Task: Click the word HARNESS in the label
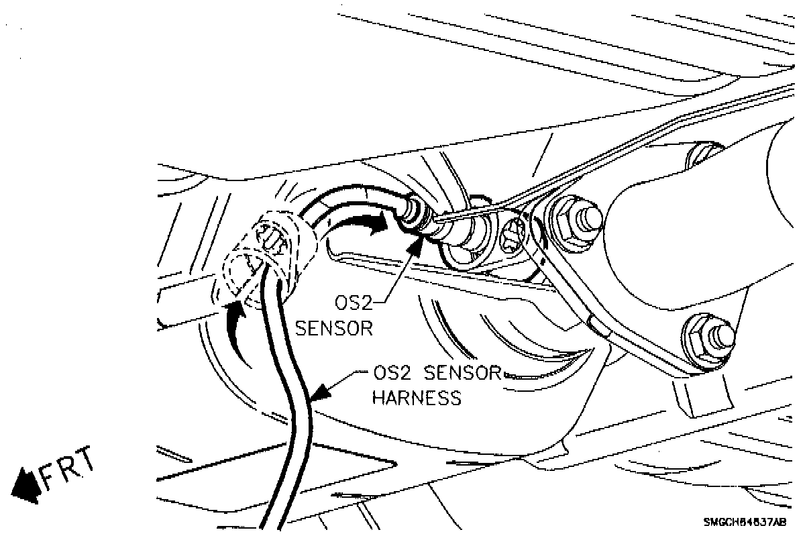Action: tap(417, 397)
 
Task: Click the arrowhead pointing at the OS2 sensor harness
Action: tap(323, 389)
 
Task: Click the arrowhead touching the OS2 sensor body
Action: tap(415, 246)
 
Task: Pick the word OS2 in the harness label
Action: tap(391, 372)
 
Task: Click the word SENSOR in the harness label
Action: tap(464, 372)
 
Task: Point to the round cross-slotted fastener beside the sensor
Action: tap(515, 234)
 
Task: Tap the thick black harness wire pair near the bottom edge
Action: tap(278, 496)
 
